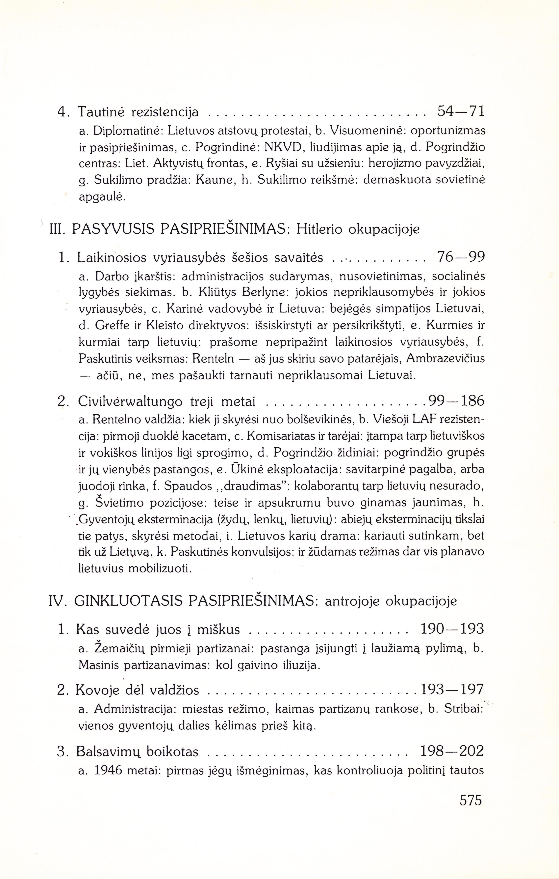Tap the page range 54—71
(461, 112)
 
